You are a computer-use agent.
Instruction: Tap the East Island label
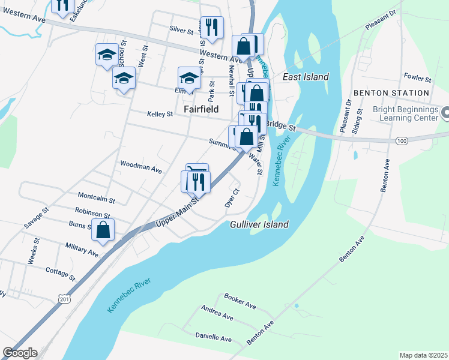[306, 77]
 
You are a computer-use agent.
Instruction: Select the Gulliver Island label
[259, 224]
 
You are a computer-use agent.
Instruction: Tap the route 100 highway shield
[401, 140]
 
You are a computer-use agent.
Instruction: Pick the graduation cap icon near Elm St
[189, 78]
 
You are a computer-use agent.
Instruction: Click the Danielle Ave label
[214, 338]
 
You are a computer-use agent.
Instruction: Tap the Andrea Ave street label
[217, 314]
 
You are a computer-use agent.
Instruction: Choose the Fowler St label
[418, 78]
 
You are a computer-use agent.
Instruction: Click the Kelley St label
[160, 113]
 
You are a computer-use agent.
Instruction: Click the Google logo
[20, 353]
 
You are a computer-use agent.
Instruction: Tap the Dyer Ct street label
[232, 199]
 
